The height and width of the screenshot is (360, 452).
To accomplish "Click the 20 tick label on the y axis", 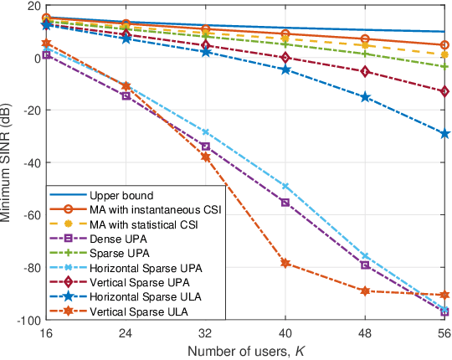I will tap(33, 6).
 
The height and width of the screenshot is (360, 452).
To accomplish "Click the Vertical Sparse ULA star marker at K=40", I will tap(285, 263).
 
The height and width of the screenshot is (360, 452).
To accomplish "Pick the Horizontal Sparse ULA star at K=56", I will tap(444, 134).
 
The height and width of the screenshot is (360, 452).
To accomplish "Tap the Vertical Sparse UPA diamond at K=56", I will tap(444, 90).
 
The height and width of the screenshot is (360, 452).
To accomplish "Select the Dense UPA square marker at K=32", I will tap(206, 147).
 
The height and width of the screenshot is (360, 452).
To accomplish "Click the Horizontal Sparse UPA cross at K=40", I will tap(285, 186).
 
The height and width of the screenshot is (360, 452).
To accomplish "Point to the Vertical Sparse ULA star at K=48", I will tap(365, 291).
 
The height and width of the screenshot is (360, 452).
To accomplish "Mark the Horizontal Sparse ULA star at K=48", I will tap(365, 97).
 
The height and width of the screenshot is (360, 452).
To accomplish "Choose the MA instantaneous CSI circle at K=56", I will tap(444, 45).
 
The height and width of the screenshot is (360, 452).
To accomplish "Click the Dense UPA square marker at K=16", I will tap(47, 55).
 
